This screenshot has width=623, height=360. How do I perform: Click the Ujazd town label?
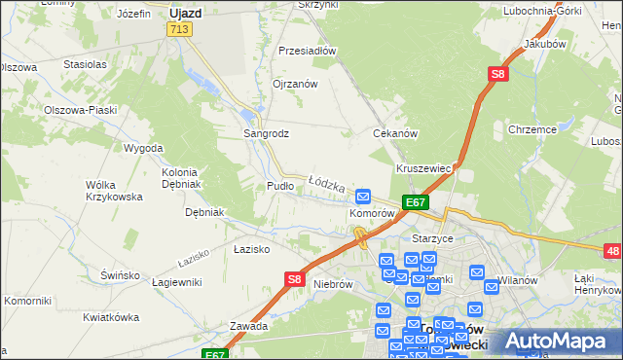pos(184,14)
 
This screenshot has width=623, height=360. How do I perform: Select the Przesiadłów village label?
pos(307,51)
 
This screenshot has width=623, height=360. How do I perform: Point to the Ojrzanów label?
pos(296,84)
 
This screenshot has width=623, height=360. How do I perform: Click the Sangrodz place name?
pos(266,133)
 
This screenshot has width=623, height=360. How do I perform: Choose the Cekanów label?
pos(396,133)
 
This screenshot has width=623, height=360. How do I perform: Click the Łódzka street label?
pos(327,182)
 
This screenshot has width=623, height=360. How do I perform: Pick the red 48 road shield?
pos(612,252)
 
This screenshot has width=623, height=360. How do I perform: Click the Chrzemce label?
pos(531,128)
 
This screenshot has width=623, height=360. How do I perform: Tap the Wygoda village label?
pos(143,148)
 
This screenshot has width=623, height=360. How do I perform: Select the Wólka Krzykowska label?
pos(114,190)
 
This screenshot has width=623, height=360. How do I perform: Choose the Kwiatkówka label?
pos(111,317)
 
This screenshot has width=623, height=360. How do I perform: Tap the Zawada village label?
pos(248,326)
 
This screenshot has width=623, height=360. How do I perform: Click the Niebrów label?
pos(333,285)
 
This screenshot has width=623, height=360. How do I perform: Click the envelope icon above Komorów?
pos(364,196)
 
